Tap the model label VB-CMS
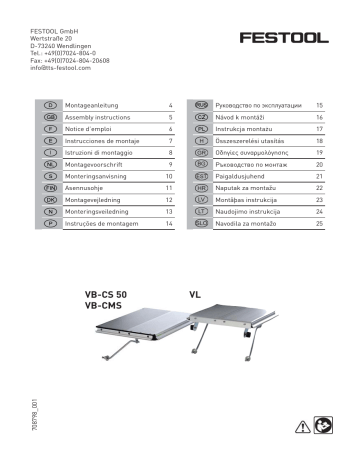(x=103, y=308)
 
